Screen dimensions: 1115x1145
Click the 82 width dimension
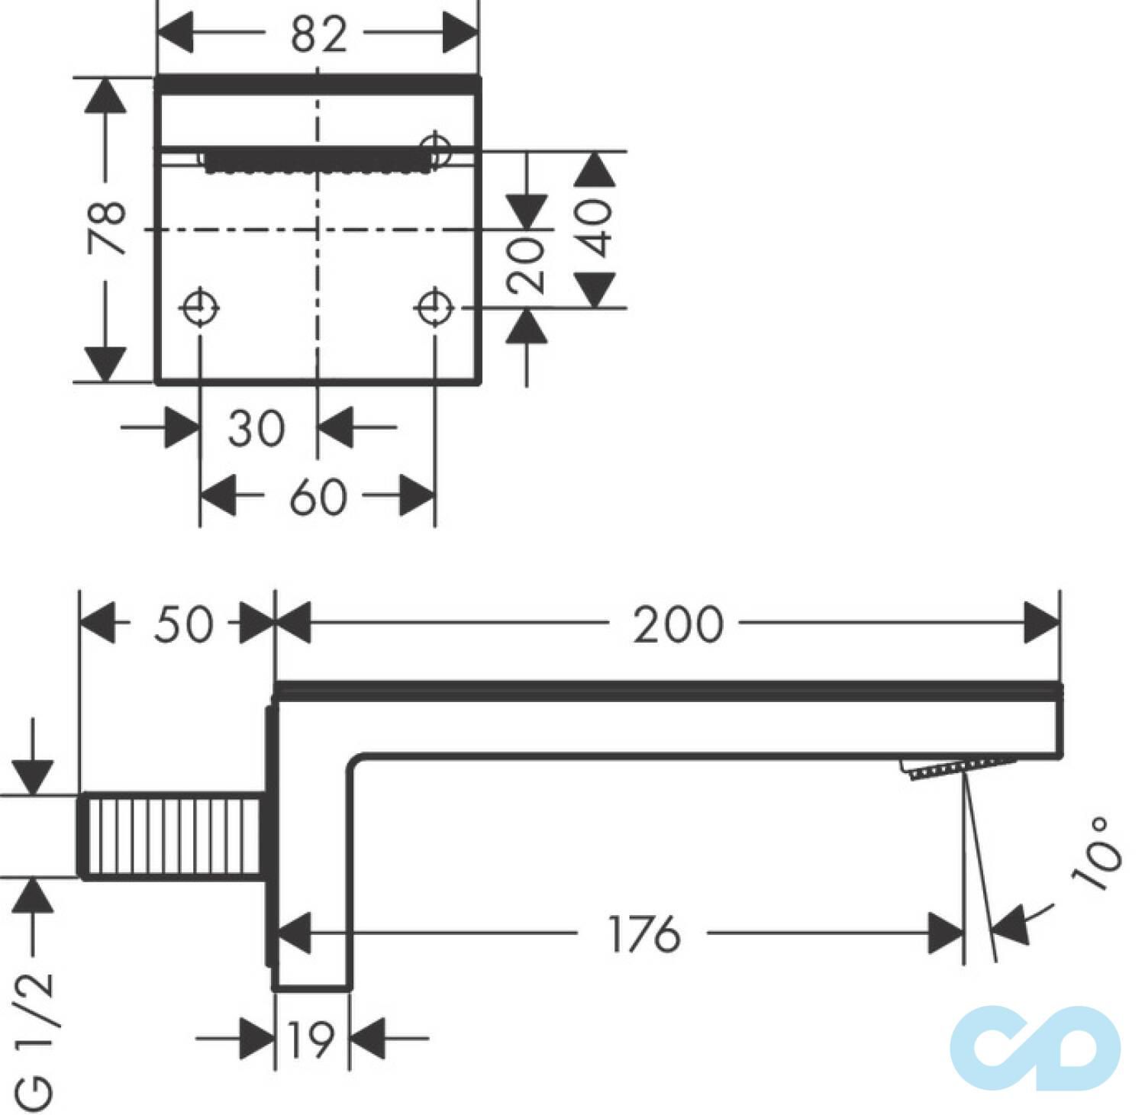tap(318, 35)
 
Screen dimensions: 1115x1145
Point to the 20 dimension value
tap(527, 265)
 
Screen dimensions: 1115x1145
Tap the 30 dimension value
tap(256, 428)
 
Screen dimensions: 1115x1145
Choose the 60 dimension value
tap(318, 498)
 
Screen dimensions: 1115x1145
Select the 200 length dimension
tap(678, 624)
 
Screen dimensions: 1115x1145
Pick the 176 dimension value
tap(644, 933)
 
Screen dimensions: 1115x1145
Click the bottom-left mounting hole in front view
tap(200, 308)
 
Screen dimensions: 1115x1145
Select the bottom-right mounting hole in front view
tap(434, 308)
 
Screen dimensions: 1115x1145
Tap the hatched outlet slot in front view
tap(313, 161)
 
